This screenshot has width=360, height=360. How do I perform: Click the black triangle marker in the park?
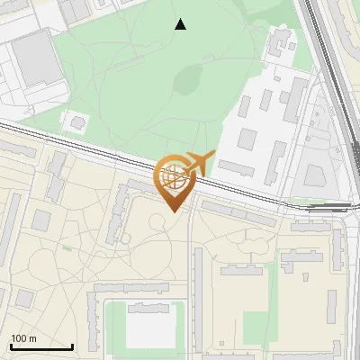(181, 24)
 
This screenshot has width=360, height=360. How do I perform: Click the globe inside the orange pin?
(171, 175)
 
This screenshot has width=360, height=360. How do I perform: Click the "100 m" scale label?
(23, 338)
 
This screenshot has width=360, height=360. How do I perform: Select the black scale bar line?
(41, 346)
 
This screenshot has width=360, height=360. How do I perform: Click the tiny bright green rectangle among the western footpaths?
(67, 247)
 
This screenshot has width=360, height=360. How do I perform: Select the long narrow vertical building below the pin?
(197, 288)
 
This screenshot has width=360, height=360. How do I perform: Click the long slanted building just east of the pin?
(238, 212)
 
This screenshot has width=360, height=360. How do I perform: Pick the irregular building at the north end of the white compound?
(282, 40)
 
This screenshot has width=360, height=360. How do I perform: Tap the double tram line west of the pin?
(72, 144)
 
